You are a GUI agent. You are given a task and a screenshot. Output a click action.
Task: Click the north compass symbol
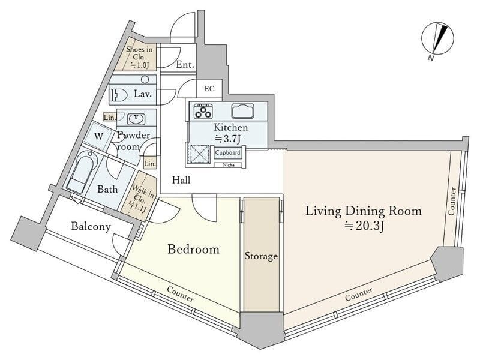tap(437, 39)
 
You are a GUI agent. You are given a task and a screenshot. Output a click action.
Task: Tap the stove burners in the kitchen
tap(203, 111)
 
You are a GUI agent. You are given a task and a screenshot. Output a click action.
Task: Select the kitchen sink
tap(242, 111)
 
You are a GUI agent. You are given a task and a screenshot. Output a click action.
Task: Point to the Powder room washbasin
tap(136, 119)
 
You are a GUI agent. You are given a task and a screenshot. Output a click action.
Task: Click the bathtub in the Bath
tap(82, 172)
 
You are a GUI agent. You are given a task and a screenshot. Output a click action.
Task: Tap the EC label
tap(209, 89)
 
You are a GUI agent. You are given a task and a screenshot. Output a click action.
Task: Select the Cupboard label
tap(228, 152)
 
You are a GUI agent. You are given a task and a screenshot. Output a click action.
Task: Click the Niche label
tap(229, 165)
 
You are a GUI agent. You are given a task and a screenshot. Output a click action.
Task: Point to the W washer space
tap(98, 137)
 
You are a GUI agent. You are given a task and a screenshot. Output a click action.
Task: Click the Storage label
tap(261, 256)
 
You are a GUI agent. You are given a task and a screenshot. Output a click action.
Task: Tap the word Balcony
tap(91, 227)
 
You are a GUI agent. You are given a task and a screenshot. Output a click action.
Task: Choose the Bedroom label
tap(193, 249)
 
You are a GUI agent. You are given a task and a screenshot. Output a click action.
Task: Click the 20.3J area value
tap(365, 226)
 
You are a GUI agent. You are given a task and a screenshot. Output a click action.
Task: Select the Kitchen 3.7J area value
tap(228, 139)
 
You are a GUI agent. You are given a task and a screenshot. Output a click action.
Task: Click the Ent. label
tap(185, 65)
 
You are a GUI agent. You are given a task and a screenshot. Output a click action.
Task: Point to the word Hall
tap(181, 179)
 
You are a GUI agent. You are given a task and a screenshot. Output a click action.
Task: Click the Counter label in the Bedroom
tap(181, 294)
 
